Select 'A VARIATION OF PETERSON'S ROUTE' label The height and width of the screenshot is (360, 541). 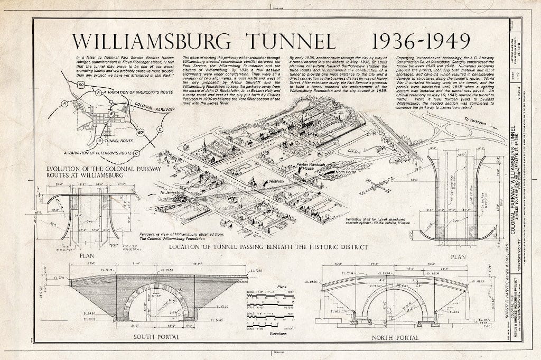pos(97,153)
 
